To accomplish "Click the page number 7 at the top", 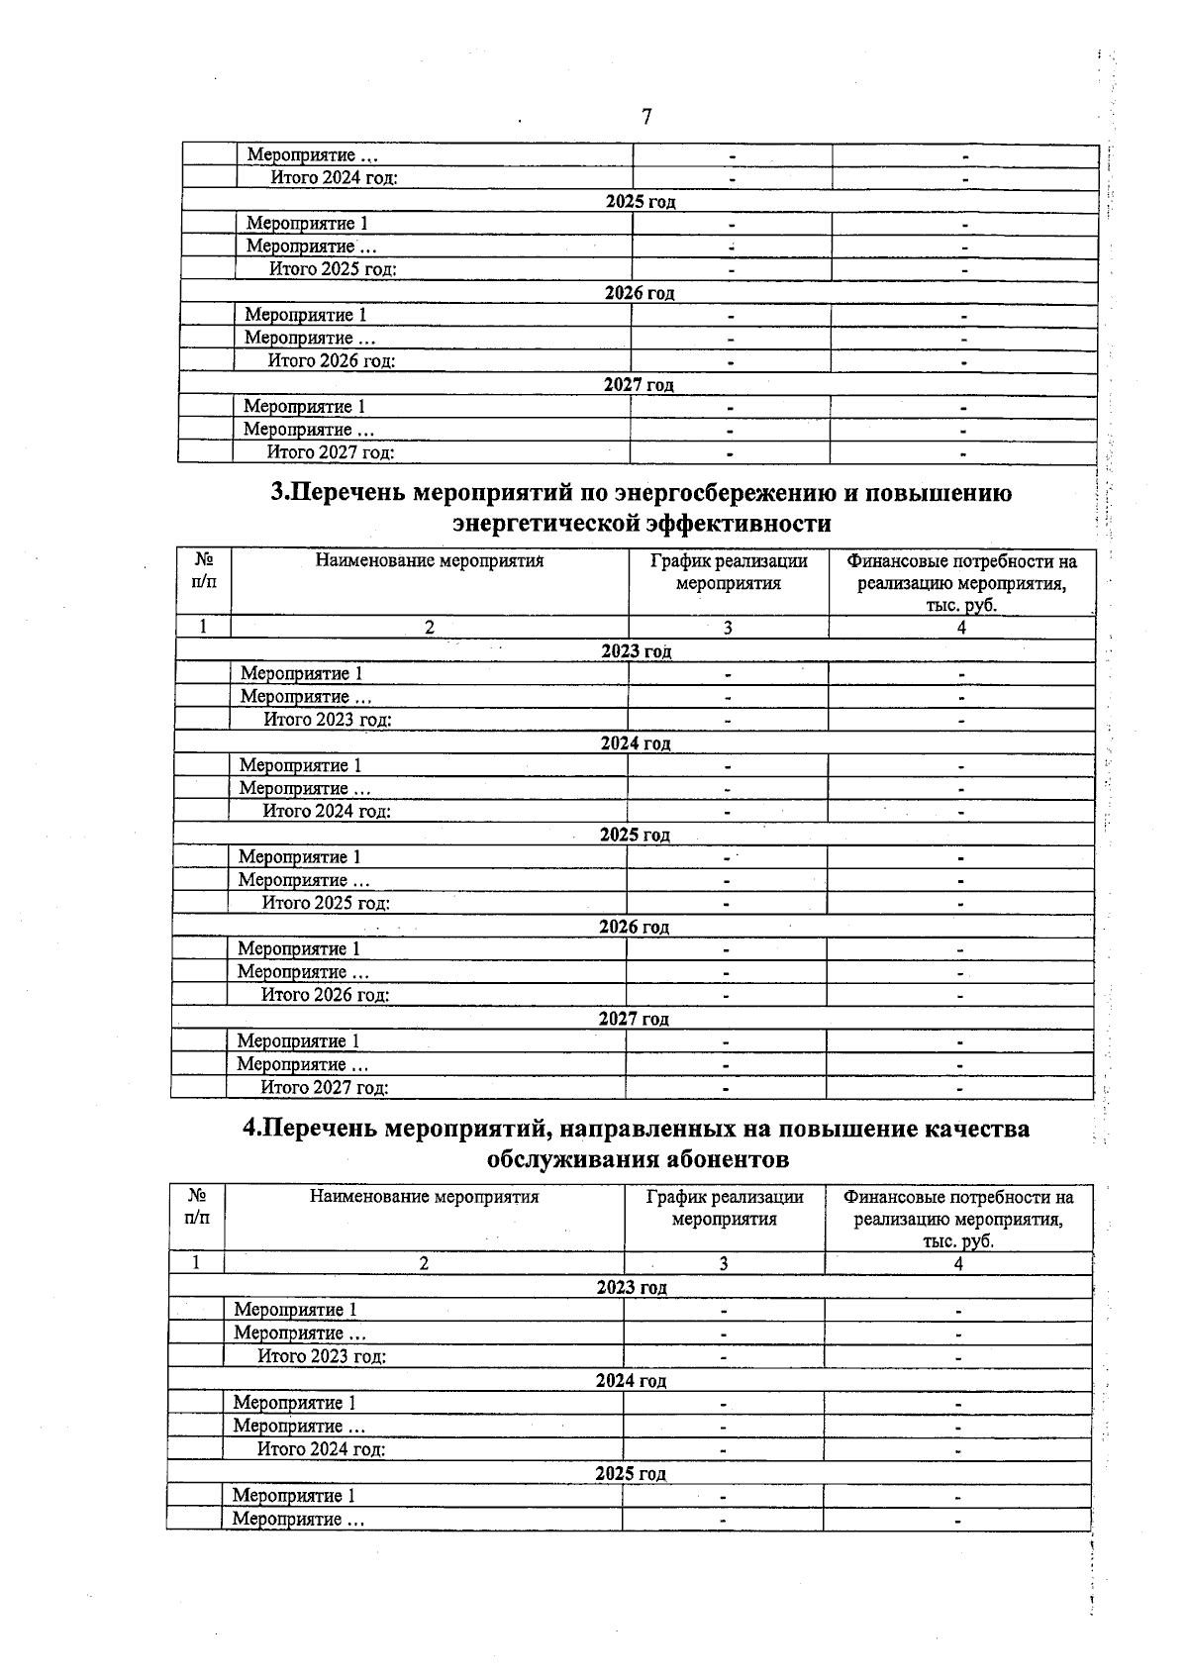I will tap(646, 117).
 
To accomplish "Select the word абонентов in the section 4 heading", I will tap(717, 1158).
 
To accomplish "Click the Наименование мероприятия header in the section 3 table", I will tap(430, 561).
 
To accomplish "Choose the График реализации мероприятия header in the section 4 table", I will tap(725, 1208).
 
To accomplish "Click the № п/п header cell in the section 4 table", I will tap(197, 1207).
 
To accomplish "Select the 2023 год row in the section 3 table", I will tap(636, 651).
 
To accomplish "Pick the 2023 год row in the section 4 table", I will tap(631, 1288).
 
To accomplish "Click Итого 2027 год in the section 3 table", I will tap(324, 1088).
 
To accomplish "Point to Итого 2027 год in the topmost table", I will tap(331, 452).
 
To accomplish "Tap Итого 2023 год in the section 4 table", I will tap(322, 1356).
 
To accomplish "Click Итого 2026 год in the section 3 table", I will tap(325, 995).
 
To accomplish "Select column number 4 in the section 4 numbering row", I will tap(958, 1263).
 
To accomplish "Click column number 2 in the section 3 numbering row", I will tap(430, 627).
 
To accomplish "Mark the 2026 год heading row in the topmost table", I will tap(640, 293).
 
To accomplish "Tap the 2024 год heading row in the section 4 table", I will tap(631, 1381).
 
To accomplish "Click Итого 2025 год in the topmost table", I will tap(334, 269).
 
